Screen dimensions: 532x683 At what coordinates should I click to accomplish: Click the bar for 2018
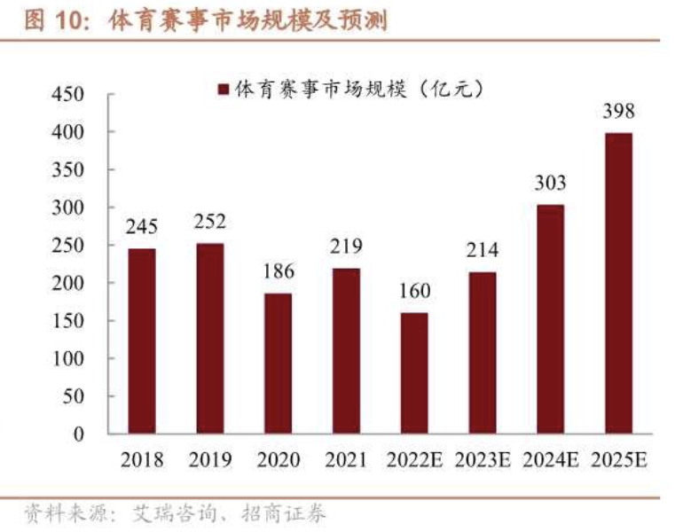[142, 341]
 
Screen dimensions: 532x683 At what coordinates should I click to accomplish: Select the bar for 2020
[278, 364]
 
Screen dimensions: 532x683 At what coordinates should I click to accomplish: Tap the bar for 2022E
[414, 373]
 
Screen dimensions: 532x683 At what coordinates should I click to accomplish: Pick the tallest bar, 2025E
[618, 283]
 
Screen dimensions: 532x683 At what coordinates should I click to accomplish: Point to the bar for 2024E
[550, 319]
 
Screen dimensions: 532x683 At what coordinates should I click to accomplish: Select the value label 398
[618, 112]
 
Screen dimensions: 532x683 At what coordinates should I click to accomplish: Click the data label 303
[550, 184]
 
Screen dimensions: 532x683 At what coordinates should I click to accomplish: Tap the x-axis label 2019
[210, 460]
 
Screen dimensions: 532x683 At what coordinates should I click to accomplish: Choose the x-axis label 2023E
[482, 460]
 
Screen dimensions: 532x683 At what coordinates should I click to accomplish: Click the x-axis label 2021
[346, 460]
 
